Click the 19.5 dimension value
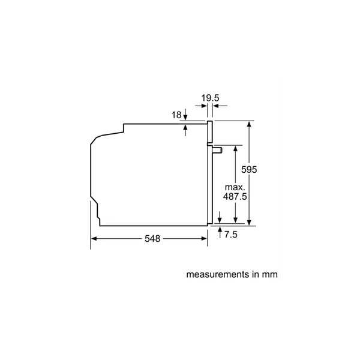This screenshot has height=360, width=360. (x=210, y=98)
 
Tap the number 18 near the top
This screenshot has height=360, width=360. (x=176, y=115)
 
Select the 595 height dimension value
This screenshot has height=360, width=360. (x=249, y=169)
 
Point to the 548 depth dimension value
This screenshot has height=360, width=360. (x=152, y=239)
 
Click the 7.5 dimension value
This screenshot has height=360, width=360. (x=231, y=235)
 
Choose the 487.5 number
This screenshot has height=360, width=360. (x=235, y=197)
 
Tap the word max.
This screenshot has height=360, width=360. (x=235, y=187)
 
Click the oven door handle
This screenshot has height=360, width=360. (x=217, y=150)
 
